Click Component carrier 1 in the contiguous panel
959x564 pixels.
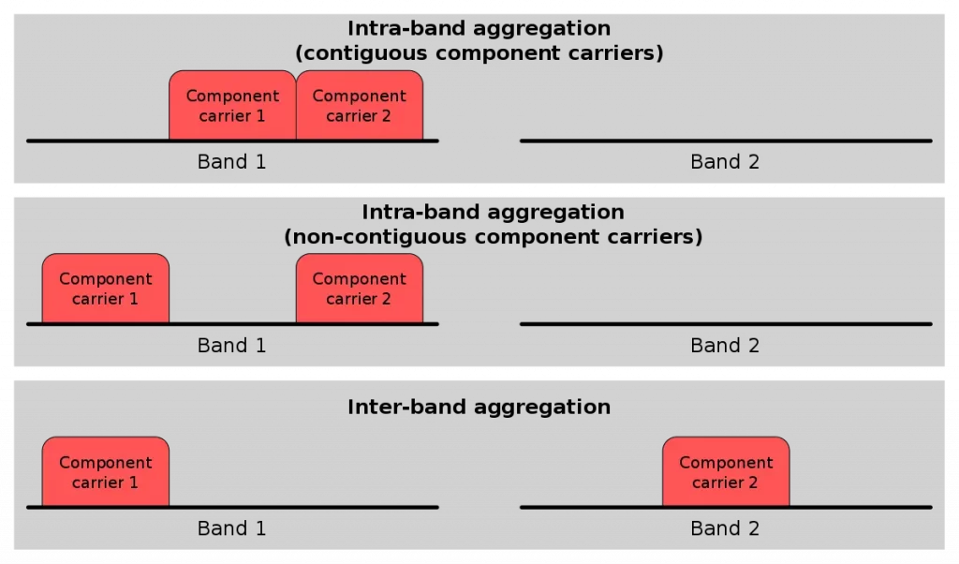point(232,106)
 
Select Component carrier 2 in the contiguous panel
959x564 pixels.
point(360,106)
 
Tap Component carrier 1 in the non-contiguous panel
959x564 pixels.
point(106,289)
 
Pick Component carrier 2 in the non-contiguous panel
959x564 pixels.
point(360,289)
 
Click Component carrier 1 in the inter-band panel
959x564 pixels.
point(106,472)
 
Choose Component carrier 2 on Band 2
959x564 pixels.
point(726,472)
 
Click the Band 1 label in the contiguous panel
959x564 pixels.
point(232,162)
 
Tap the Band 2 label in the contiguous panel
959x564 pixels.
point(725,162)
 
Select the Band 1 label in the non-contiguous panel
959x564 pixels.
point(232,346)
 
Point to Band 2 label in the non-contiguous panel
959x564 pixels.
point(725,346)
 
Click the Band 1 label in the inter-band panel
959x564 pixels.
point(232,528)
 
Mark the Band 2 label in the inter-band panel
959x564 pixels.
point(725,528)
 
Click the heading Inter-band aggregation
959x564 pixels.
point(479,408)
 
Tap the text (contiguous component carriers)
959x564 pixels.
point(479,52)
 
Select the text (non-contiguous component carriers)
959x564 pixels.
point(493,236)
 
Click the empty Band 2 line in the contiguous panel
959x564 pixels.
point(726,141)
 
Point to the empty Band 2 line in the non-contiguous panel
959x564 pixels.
point(726,324)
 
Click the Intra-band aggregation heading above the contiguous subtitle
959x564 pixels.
point(479,29)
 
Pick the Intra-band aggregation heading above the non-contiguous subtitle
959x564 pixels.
point(493,213)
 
